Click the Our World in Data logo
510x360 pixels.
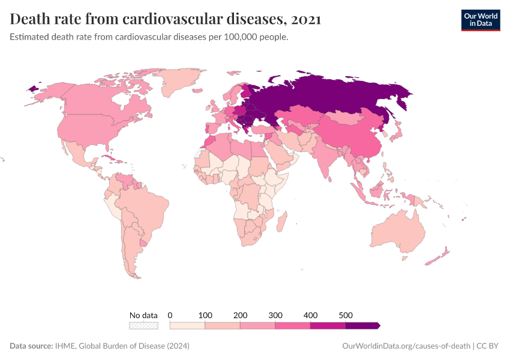point(481,20)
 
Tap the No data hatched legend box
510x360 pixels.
point(143,325)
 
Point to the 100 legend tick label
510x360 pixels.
point(205,315)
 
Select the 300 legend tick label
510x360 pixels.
point(275,315)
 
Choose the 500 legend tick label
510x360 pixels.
point(346,315)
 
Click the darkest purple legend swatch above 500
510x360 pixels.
point(362,325)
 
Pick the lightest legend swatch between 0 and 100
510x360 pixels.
point(188,325)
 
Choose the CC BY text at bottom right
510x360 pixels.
point(488,346)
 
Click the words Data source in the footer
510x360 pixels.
point(31,346)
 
